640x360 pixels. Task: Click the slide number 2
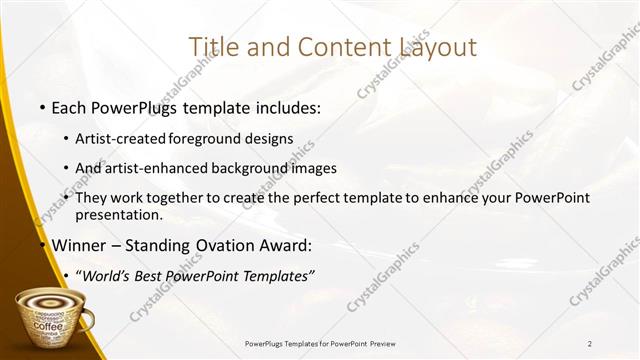click(x=590, y=344)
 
